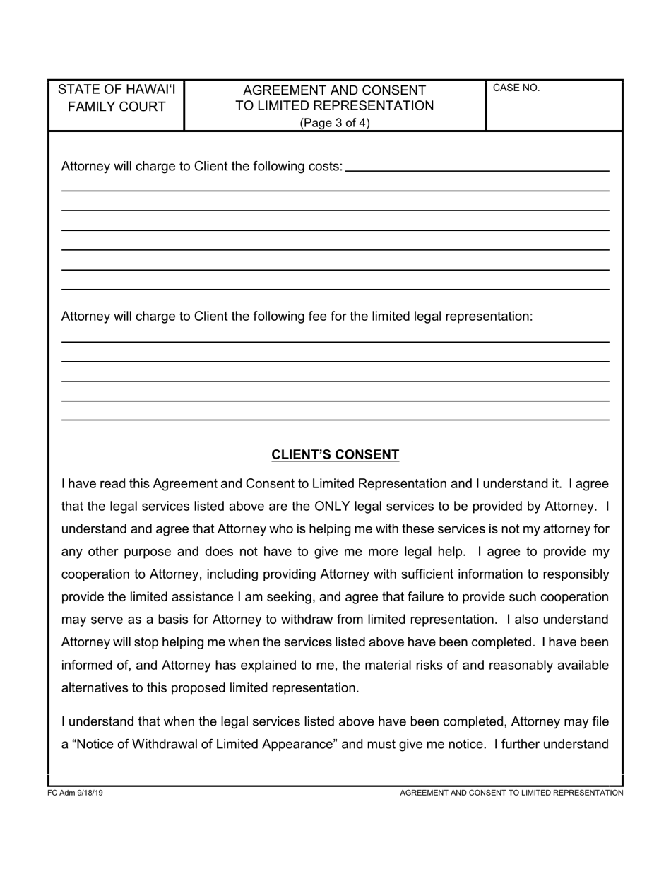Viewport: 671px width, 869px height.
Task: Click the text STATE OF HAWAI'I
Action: (x=117, y=90)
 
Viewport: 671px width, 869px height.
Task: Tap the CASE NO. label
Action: (x=516, y=88)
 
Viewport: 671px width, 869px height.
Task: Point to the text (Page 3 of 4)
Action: (x=335, y=122)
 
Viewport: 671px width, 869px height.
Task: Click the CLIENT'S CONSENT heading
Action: (x=335, y=455)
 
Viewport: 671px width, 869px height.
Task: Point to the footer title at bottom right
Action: (x=511, y=793)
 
